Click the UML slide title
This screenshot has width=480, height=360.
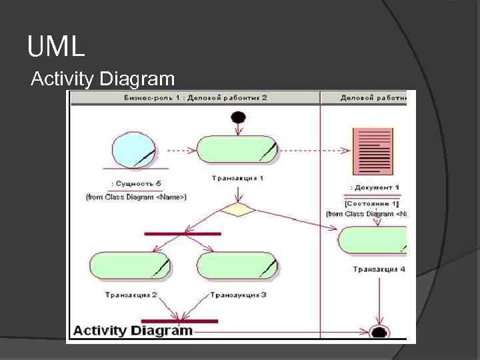[56, 47]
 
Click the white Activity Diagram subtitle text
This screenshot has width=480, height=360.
[103, 79]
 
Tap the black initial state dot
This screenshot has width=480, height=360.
[238, 118]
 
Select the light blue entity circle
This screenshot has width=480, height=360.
[134, 150]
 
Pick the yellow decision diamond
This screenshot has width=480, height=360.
[237, 210]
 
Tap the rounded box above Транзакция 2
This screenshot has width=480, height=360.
[129, 265]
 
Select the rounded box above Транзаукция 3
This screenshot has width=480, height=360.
[237, 265]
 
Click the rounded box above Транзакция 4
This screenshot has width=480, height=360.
[373, 240]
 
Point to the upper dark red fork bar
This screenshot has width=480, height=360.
[182, 234]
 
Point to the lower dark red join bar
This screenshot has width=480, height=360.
[179, 321]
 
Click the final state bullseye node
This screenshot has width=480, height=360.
[379, 332]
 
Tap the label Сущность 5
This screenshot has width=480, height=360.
[136, 184]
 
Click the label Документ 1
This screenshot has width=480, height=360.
[375, 188]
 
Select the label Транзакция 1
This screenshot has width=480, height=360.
[237, 178]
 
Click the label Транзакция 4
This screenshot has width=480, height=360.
[379, 269]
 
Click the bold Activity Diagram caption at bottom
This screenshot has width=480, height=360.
[133, 330]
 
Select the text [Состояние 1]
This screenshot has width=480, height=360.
[372, 203]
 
